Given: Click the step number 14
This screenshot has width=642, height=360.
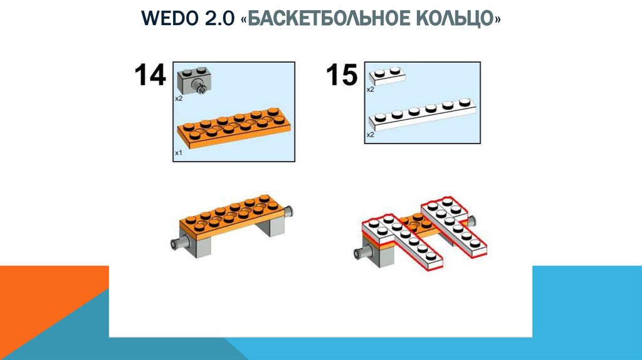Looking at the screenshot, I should click(149, 75).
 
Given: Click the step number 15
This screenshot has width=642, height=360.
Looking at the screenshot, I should click(341, 75).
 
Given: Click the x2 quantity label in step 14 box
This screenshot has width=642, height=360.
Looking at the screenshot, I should click(178, 98).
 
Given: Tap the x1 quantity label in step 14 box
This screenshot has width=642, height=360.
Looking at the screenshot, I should click(178, 152).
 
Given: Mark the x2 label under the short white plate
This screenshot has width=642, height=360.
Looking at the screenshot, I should click(371, 90).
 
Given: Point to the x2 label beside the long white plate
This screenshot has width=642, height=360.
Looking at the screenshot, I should click(371, 134).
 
